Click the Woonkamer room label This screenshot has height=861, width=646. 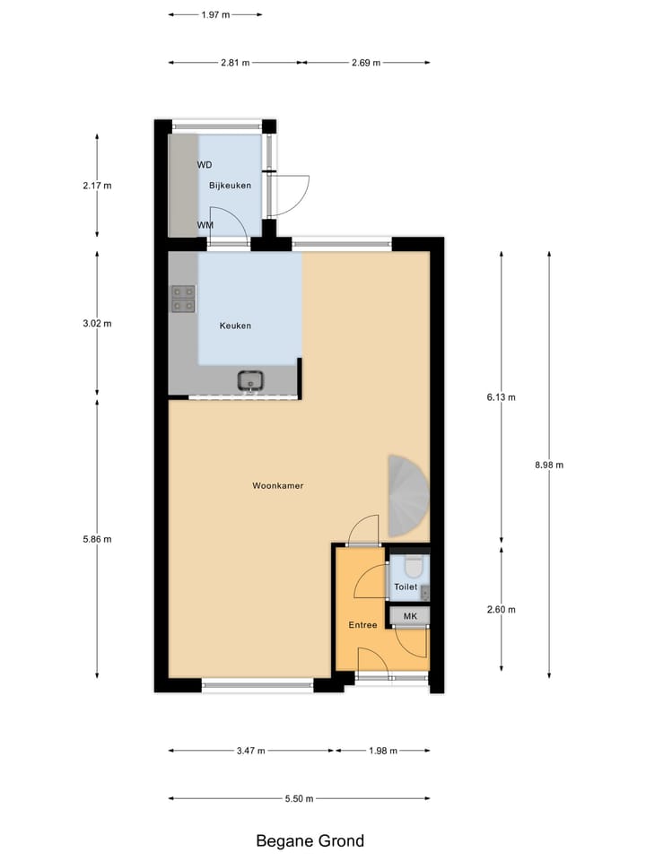[x=277, y=485]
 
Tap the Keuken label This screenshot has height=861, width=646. [x=235, y=326]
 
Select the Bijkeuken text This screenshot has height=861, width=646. [x=230, y=186]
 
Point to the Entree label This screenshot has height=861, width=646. [x=363, y=624]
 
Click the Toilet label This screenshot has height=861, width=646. [x=406, y=587]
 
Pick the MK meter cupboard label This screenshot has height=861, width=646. [x=410, y=616]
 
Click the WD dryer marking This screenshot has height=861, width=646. [x=205, y=164]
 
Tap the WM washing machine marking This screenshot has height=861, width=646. [x=205, y=225]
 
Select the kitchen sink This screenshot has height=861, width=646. [x=251, y=381]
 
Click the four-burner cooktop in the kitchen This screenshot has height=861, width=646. [x=183, y=299]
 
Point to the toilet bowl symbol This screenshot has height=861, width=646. [x=413, y=568]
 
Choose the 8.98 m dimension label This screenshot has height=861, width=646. [x=548, y=465]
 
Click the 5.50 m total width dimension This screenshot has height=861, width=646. [x=299, y=798]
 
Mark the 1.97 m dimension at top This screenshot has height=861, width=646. [x=215, y=14]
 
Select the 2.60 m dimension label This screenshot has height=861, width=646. [x=501, y=610]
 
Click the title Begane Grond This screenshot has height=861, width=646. [x=310, y=841]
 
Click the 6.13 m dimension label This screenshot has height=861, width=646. [x=501, y=396]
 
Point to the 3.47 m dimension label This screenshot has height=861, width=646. [x=250, y=751]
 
